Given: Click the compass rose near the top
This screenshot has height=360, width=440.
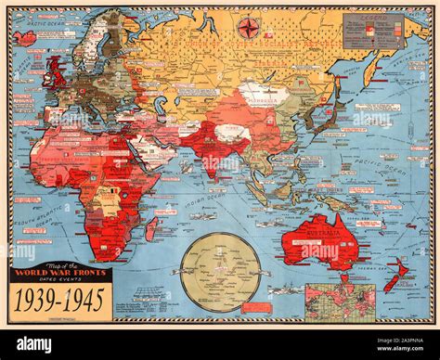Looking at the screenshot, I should [248, 28].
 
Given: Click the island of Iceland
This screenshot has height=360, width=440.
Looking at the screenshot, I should [25, 38].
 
